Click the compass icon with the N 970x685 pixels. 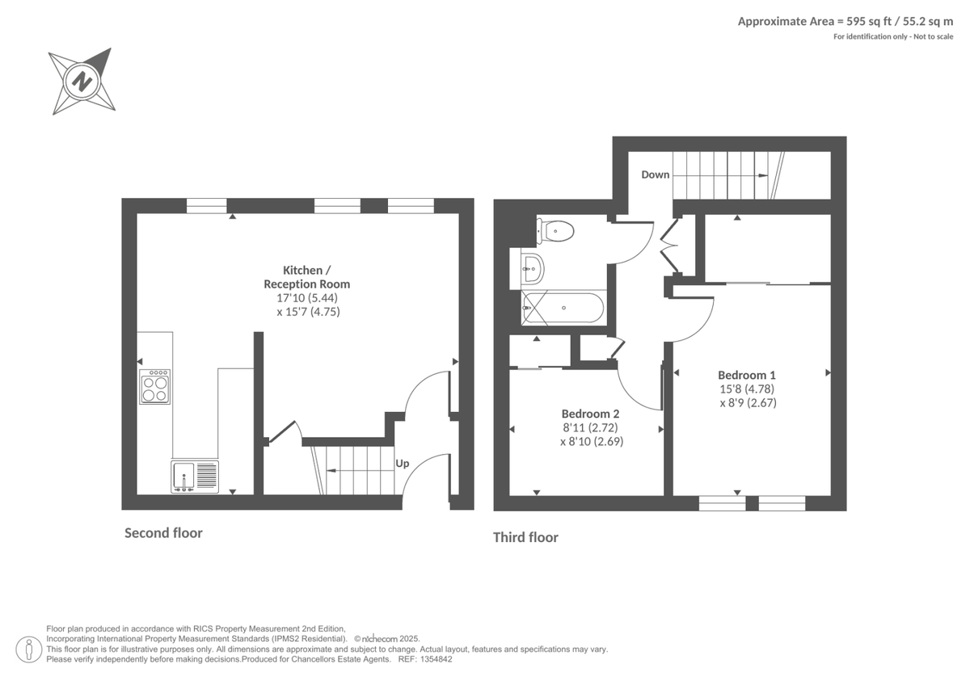[81, 81]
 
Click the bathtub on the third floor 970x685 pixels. [562, 307]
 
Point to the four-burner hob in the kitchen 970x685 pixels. [155, 388]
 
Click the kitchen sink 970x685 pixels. [195, 476]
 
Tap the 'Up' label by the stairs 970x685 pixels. [402, 464]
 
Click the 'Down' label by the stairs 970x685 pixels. [655, 174]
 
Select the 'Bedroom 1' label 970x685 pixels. [747, 375]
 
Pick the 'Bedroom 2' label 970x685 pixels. [591, 412]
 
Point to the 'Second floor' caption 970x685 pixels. [163, 533]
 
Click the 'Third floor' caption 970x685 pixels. [525, 538]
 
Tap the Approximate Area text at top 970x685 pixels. [845, 22]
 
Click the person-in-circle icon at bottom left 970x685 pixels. [29, 649]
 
